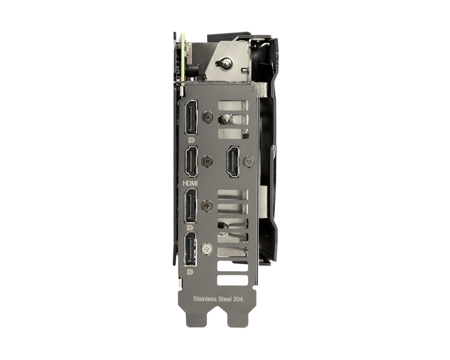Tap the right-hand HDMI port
pyautogui.click(x=233, y=162)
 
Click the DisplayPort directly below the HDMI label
pyautogui.click(x=191, y=206)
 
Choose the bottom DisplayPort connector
pyautogui.click(x=191, y=249)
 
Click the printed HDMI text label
pyautogui.click(x=190, y=183)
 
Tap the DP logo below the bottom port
pyautogui.click(x=190, y=272)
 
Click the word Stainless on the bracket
pyautogui.click(x=205, y=299)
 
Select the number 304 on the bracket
pyautogui.click(x=238, y=299)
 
